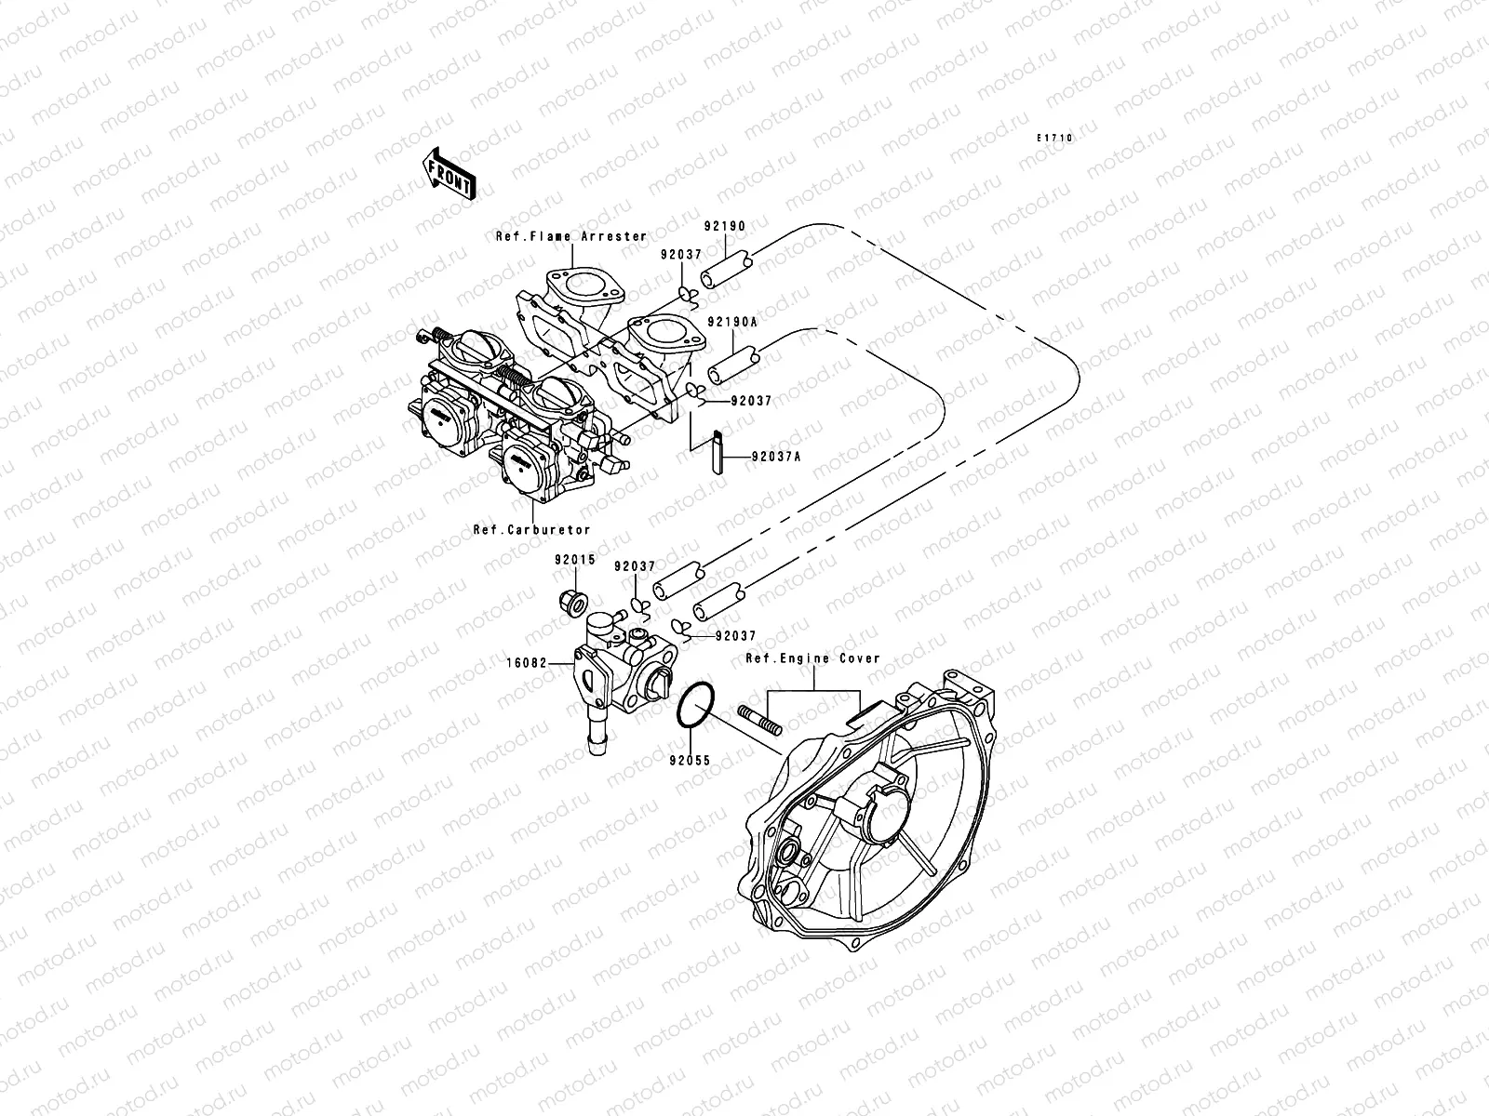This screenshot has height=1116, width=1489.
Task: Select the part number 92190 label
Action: pyautogui.click(x=724, y=226)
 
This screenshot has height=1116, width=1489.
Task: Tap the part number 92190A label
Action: pyautogui.click(x=731, y=321)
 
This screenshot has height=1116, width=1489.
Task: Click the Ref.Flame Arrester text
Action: pyautogui.click(x=570, y=236)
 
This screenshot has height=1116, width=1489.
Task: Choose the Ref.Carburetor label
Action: pyautogui.click(x=531, y=529)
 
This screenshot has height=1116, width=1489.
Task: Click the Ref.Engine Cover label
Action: pyautogui.click(x=812, y=658)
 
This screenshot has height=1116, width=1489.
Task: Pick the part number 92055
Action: pyautogui.click(x=690, y=760)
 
